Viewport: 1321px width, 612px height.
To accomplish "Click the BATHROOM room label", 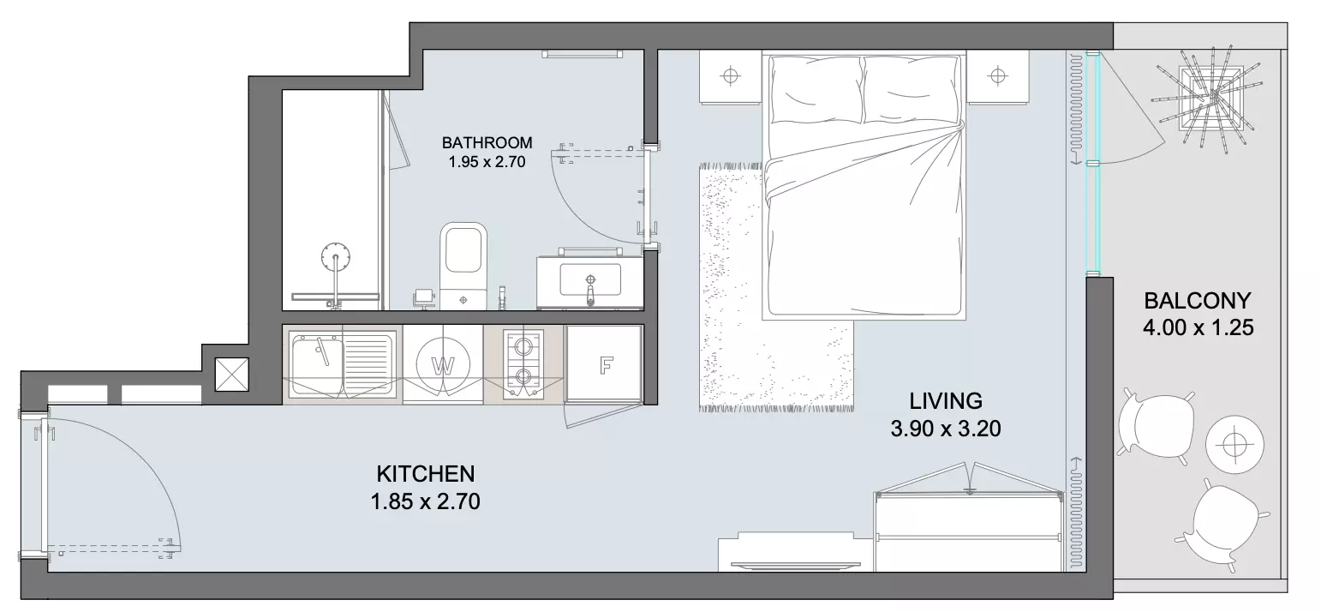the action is coord(487,143).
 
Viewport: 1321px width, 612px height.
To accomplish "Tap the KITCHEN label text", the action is coord(425,474).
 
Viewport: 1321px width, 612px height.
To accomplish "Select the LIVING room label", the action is coord(945,401).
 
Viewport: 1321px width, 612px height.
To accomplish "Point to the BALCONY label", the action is coord(1197,301).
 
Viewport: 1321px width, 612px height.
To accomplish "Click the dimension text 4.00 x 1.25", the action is coord(1198,327).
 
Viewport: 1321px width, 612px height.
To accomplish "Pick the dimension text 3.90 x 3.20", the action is coord(945,429).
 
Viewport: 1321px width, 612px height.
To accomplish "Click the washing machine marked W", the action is coord(443,365).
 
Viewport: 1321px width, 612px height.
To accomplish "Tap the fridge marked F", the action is coord(604,364).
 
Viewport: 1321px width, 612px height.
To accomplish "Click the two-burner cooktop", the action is coord(523,363).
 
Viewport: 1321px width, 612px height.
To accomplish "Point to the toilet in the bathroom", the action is coord(463,266).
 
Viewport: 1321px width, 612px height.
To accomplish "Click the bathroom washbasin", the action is coord(589,281).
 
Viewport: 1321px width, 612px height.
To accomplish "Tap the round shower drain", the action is coord(336,257).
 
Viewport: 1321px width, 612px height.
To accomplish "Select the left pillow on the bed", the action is coord(816,91).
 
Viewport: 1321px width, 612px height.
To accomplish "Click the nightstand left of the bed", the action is coord(731,77).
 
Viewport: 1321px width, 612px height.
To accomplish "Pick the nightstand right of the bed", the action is coord(997,76).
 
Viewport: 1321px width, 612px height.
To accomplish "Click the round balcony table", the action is coord(1234,444).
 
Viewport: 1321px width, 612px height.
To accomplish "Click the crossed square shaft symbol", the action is coord(232,375).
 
